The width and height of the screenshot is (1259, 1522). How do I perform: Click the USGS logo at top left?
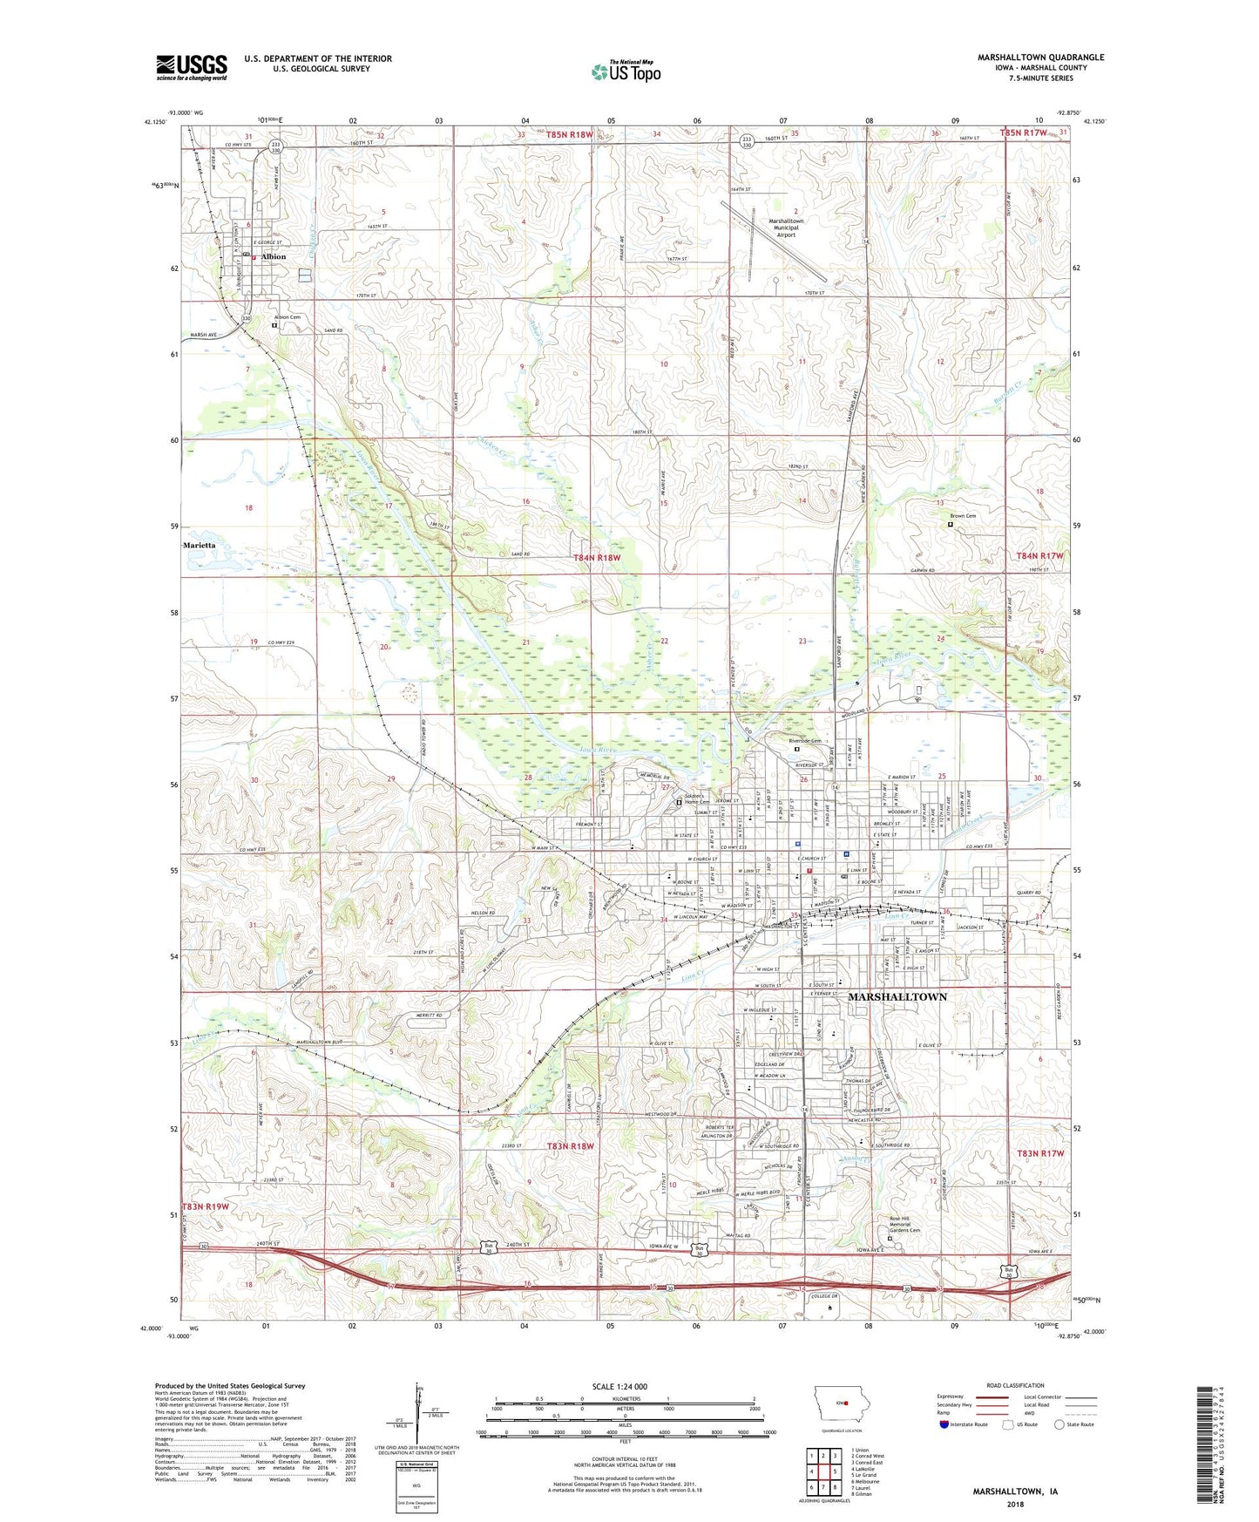tap(192, 67)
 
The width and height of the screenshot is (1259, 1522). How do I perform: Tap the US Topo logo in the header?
tap(625, 71)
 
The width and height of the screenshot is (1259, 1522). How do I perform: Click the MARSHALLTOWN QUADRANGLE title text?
tap(1040, 58)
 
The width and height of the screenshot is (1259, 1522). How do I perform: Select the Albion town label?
tap(274, 257)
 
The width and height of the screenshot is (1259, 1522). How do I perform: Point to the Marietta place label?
tap(200, 545)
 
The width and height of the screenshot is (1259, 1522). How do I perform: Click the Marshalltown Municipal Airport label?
tap(786, 228)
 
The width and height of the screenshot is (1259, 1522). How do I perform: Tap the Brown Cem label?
tap(964, 516)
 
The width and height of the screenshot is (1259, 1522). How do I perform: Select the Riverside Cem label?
tap(805, 741)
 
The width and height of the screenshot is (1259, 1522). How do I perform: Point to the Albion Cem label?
tap(288, 317)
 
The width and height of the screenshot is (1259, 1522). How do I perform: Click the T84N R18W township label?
tap(597, 557)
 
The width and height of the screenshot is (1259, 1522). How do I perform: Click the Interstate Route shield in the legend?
tap(944, 1424)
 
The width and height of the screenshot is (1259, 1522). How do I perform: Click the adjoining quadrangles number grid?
tap(823, 1470)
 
